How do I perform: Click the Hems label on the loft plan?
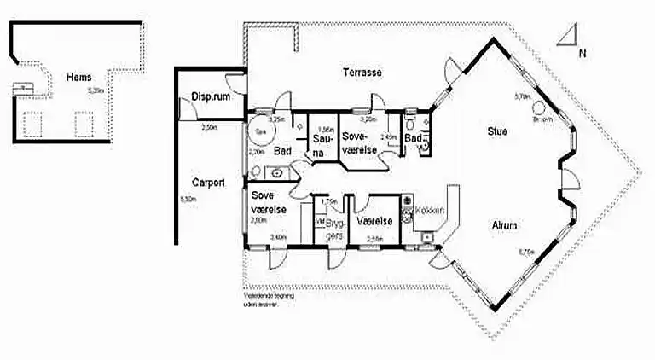pos(79,78)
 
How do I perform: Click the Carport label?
pos(208,182)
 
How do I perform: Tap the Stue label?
pos(497,132)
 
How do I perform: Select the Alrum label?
pos(505,225)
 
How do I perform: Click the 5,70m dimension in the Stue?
pos(521,97)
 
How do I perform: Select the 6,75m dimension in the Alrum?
pos(526,251)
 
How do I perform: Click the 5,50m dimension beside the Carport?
pos(188,199)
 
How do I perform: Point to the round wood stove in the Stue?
pos(539,108)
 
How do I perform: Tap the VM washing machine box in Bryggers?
pos(320,220)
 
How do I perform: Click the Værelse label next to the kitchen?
pos(375,220)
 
